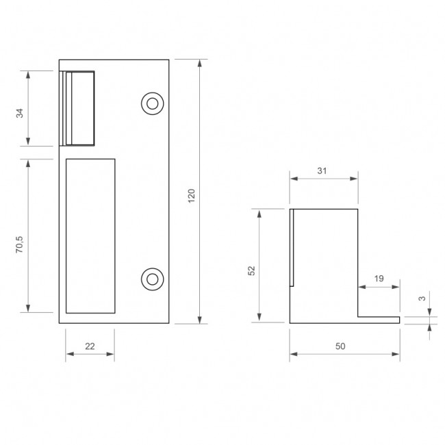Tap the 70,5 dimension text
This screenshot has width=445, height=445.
20,244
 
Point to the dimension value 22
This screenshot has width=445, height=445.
90,346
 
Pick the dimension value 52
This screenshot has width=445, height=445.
251,270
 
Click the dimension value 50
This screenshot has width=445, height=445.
340,346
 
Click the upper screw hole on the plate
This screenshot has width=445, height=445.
152,104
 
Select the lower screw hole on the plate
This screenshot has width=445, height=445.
152,278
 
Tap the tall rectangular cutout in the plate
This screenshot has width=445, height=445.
90,236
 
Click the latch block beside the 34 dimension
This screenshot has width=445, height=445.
81,107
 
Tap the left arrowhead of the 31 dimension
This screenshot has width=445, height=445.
293,179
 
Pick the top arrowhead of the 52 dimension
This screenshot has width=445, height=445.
260,212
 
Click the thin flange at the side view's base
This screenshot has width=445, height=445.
379,319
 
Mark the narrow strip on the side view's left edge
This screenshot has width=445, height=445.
292,247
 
